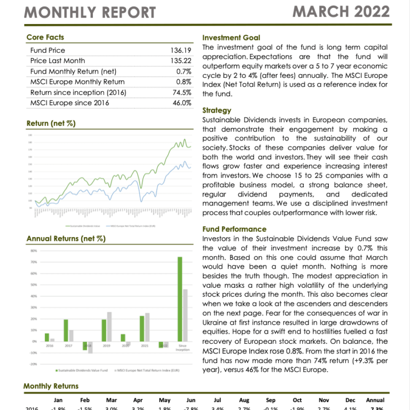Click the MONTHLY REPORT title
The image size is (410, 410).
(x=90, y=12)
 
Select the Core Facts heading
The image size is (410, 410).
(x=45, y=37)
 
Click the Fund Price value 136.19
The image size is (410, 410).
(x=181, y=51)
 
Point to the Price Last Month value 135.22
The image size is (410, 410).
(x=181, y=61)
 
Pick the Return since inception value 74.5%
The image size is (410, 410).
(x=182, y=92)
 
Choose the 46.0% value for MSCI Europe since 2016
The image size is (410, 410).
(x=182, y=102)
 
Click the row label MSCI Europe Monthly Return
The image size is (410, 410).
(x=77, y=82)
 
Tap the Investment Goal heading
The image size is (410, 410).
(x=231, y=38)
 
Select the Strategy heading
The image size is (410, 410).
(x=217, y=111)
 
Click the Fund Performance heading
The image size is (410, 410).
(x=234, y=229)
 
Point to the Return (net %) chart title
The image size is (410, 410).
(x=51, y=124)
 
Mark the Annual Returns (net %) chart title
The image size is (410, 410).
(x=65, y=239)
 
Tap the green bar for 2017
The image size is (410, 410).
(x=66, y=330)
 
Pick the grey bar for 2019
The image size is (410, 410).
(x=109, y=327)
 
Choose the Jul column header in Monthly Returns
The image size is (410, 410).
(x=217, y=400)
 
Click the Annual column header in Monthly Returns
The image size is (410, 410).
(x=375, y=400)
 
